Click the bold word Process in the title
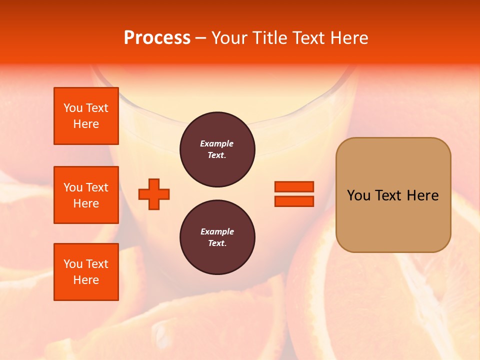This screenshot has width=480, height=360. click(157, 38)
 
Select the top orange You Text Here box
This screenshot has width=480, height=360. click(86, 116)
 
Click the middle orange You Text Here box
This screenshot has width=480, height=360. click(86, 195)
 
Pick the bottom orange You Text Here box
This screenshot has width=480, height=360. click(86, 272)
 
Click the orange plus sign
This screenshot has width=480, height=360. click(154, 194)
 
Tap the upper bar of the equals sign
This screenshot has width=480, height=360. click(294, 187)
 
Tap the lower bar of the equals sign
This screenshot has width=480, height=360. click(294, 201)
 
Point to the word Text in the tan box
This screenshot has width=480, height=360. click(390, 195)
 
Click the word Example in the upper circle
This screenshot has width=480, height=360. click(216, 143)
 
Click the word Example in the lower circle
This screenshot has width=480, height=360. click(216, 231)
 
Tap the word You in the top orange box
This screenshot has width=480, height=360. click(73, 108)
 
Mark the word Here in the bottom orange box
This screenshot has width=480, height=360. click(86, 280)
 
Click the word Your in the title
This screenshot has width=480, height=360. click(229, 38)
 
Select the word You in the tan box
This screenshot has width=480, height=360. click(358, 195)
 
